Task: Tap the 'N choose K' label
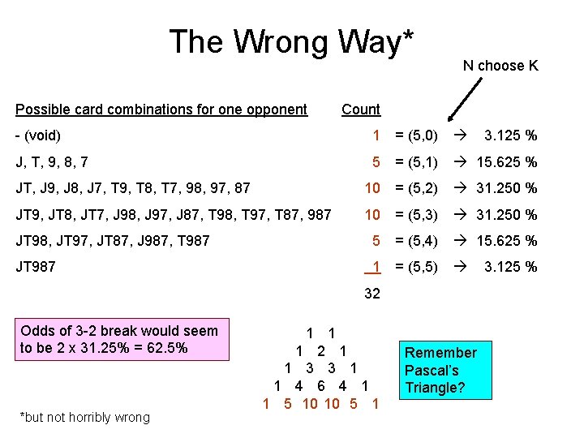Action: click(x=500, y=66)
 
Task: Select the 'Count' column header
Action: click(x=361, y=109)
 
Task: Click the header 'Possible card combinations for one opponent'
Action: click(x=161, y=109)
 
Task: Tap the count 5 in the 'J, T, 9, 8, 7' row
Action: click(x=376, y=162)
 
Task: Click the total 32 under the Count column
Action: click(x=372, y=294)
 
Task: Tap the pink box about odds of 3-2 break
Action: click(x=119, y=339)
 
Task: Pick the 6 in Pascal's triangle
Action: click(x=321, y=386)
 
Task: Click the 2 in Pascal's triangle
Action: click(x=322, y=351)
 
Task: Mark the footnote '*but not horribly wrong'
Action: click(x=85, y=417)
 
